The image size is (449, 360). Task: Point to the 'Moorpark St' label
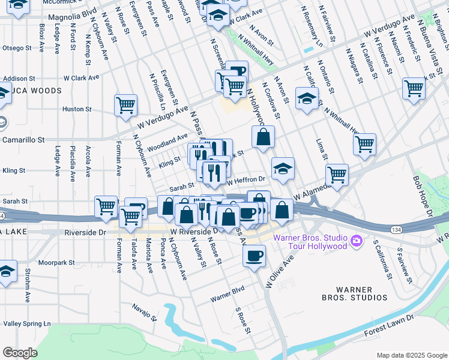(55, 263)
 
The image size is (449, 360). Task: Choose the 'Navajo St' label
(145, 311)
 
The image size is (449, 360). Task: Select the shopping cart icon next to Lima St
(364, 143)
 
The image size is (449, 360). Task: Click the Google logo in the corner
(20, 353)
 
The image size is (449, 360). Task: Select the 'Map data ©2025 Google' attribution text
(411, 355)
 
